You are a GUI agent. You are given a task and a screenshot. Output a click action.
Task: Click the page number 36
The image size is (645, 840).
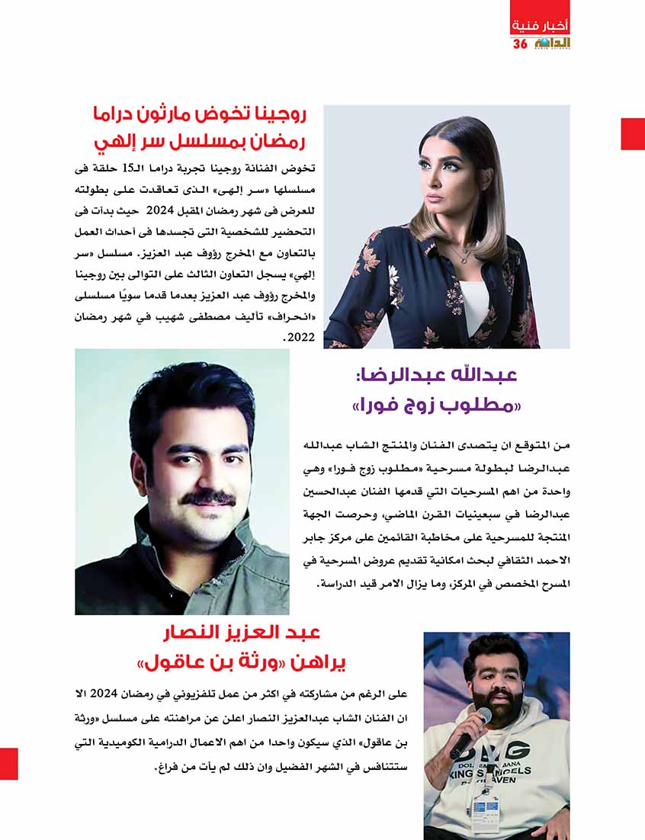(x=520, y=44)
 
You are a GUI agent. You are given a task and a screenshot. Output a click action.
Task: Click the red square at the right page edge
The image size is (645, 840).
(x=633, y=133)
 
